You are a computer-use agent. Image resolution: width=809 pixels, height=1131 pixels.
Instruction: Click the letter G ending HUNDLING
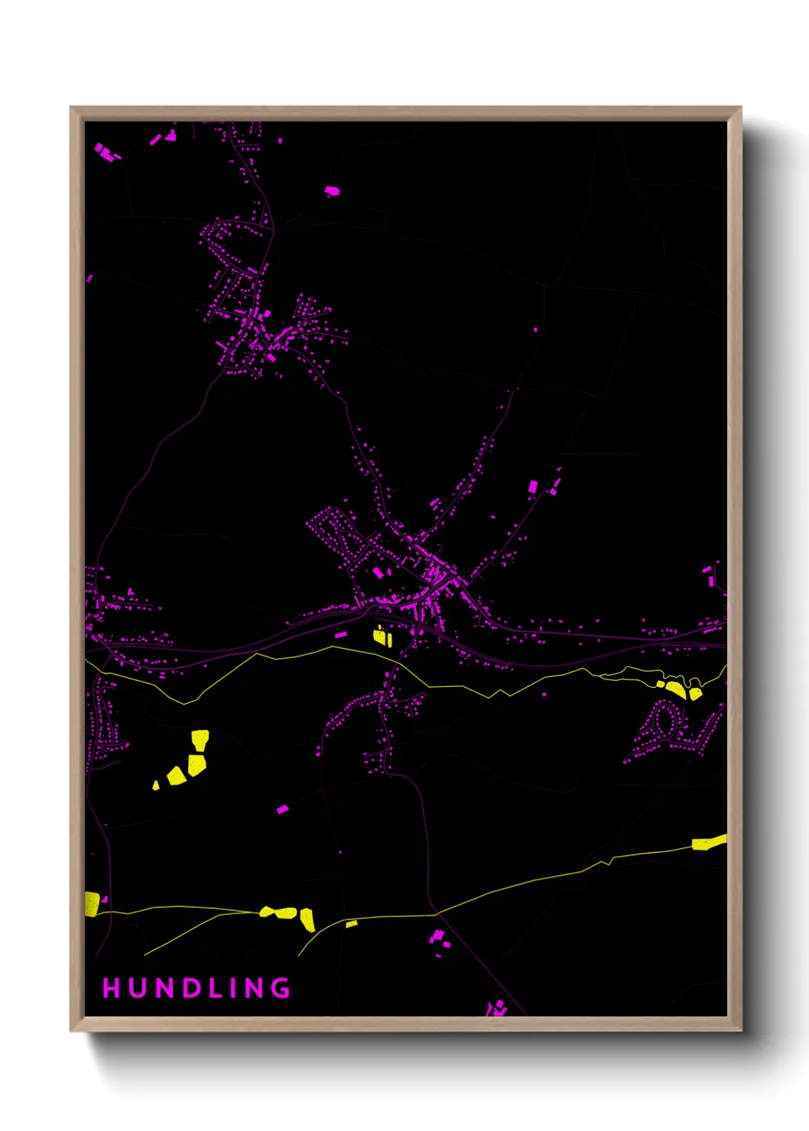click(x=282, y=988)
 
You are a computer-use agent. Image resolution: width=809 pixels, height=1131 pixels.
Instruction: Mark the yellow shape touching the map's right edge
click(x=709, y=842)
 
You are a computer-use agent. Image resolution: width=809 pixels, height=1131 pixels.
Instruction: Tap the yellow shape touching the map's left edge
click(x=92, y=903)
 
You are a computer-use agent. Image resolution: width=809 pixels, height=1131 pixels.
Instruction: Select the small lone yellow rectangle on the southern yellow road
click(x=351, y=924)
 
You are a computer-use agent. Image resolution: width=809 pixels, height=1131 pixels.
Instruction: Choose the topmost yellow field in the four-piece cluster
click(x=200, y=739)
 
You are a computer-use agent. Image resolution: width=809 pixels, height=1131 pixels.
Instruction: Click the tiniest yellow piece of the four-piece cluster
click(x=156, y=785)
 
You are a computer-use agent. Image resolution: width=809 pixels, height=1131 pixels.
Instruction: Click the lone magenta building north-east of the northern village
click(x=331, y=190)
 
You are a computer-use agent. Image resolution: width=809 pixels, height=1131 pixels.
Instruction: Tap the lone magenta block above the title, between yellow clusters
click(x=282, y=809)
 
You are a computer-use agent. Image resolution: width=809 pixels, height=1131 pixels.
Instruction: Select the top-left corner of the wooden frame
click(x=72, y=108)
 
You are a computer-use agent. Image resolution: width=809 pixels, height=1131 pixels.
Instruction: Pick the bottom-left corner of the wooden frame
click(x=72, y=1030)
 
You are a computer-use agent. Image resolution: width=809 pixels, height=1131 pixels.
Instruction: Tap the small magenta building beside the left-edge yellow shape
click(x=105, y=899)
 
